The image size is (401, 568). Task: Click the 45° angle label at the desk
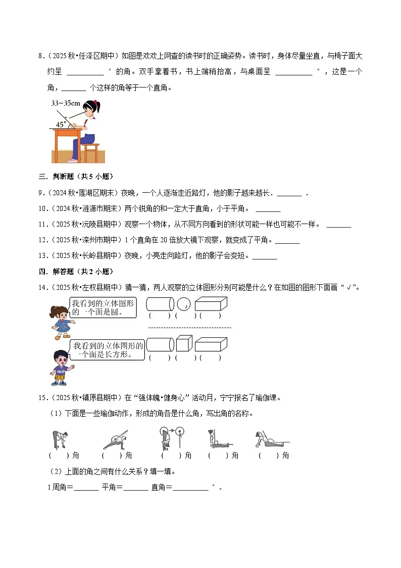click(60, 124)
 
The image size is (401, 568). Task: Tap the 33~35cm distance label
click(66, 103)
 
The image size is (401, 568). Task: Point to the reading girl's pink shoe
click(73, 160)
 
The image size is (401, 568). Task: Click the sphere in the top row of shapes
click(184, 304)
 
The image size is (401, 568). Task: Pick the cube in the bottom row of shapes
click(184, 343)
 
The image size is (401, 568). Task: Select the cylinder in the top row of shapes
click(160, 304)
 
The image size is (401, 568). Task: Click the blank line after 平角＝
click(135, 488)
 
